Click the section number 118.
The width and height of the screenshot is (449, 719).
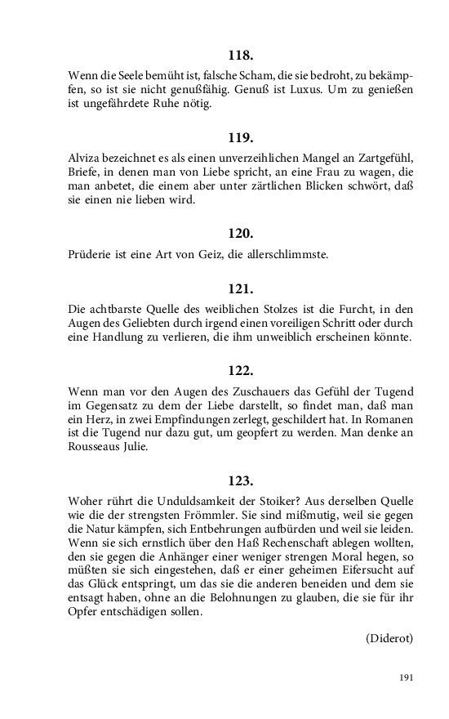[x=241, y=56]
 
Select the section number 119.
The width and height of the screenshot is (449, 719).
[x=241, y=137]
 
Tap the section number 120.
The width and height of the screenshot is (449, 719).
[x=241, y=232]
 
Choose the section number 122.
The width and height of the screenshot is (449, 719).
[x=241, y=369]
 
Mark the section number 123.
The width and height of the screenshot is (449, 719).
[x=241, y=480]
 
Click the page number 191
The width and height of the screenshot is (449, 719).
[x=407, y=677]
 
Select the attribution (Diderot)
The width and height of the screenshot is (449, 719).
[x=389, y=638]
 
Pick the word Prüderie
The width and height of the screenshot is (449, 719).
[x=93, y=254]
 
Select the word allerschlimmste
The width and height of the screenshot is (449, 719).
[x=282, y=254]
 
